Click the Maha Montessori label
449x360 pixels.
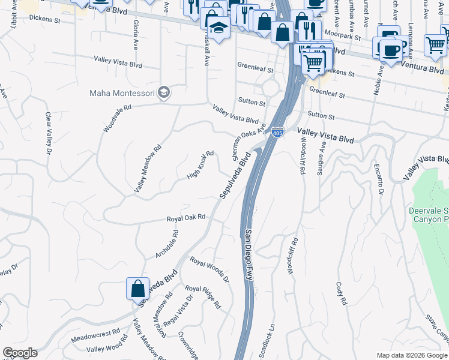pos(122,93)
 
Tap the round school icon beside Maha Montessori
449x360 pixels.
pos(164,93)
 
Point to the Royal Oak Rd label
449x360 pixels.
pos(186,218)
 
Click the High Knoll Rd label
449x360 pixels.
pos(200,165)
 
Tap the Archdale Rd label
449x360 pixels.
pos(167,244)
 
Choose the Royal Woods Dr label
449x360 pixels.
pos(209,269)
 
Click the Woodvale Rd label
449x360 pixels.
pos(117,119)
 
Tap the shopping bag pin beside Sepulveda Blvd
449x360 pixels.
pos(137,289)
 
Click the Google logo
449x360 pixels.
pos(20,353)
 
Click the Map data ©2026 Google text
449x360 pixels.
pos(412,355)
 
